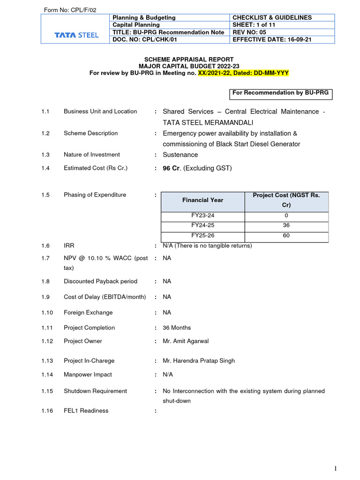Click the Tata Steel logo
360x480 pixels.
tap(76, 35)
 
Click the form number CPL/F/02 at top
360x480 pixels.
tap(70, 10)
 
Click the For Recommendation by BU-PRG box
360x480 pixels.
tap(281, 93)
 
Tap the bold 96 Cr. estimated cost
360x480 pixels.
tap(171, 168)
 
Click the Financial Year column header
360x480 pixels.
tap(202, 200)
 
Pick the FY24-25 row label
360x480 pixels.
tap(202, 225)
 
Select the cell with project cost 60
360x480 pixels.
tap(286, 236)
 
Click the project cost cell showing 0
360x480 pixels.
tap(286, 216)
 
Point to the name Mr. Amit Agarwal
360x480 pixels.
tap(186, 341)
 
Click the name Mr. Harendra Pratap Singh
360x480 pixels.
tap(199, 360)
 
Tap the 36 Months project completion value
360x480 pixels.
tap(177, 328)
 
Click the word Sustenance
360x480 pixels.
tap(180, 155)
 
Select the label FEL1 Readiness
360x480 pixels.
tap(86, 411)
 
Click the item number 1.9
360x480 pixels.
tap(45, 297)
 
